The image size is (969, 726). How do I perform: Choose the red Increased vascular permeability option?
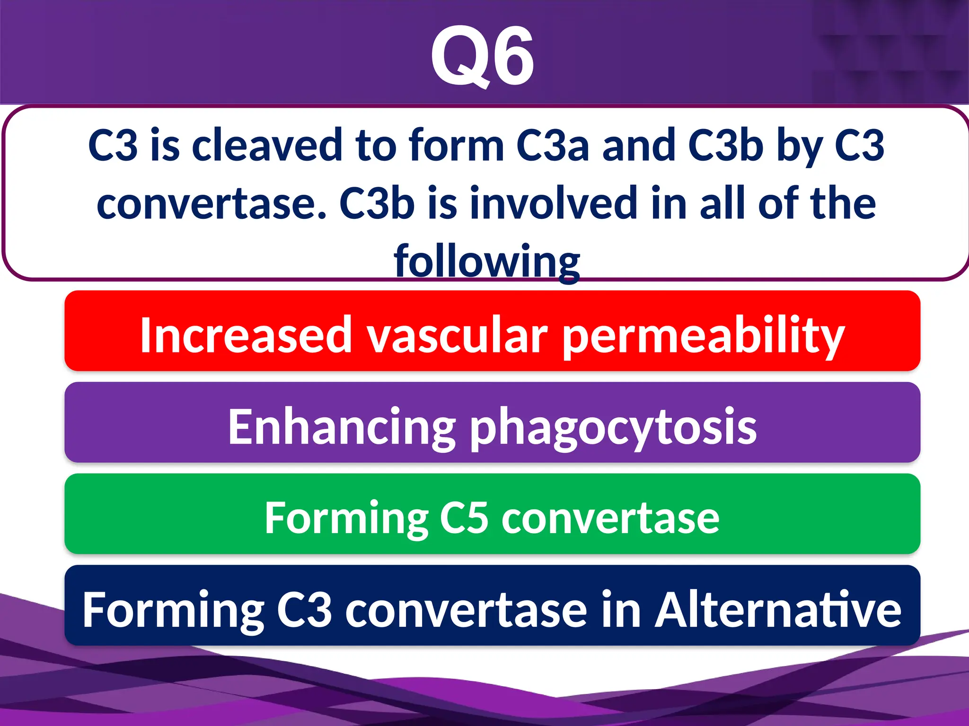492,331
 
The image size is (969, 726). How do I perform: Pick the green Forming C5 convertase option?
492,514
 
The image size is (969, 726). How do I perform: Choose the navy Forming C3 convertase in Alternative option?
492,605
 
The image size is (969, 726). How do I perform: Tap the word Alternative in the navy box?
778,610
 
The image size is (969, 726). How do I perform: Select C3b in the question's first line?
725,146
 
